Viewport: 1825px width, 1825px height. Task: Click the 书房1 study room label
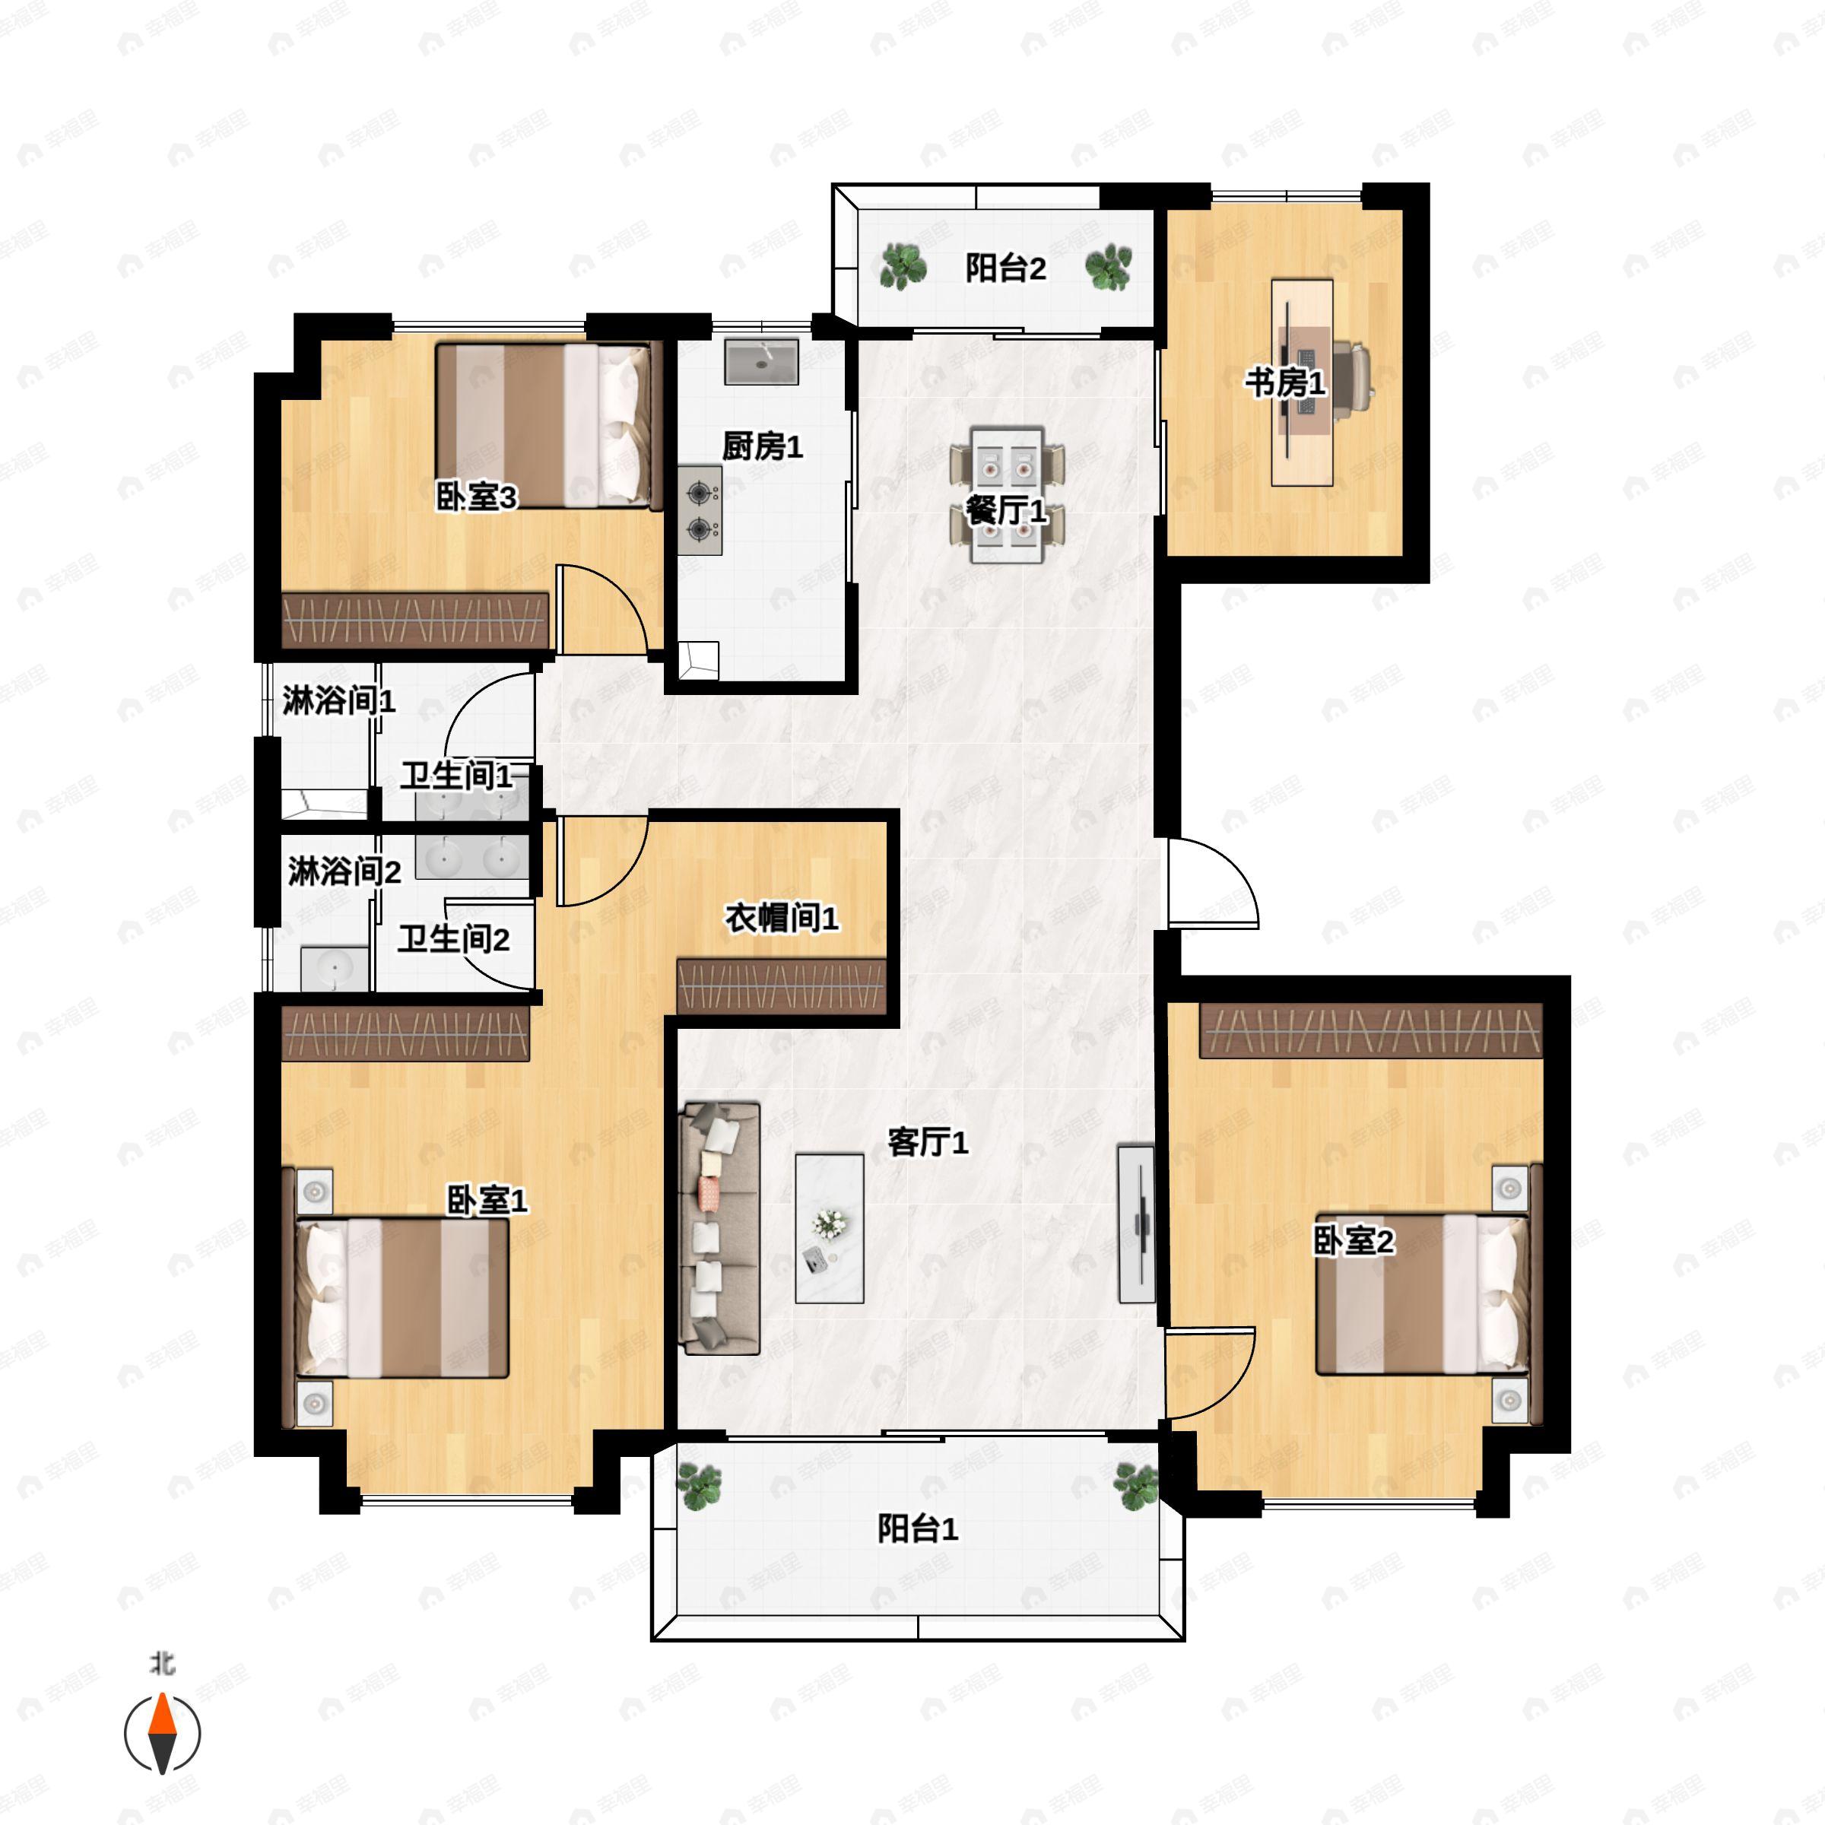1284,382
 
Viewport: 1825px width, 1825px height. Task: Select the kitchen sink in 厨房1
761,362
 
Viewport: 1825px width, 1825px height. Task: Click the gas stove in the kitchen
700,510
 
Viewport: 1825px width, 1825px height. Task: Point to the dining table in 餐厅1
1007,495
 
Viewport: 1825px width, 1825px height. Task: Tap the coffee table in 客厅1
830,1228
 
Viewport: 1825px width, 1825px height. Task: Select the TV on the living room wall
1136,1224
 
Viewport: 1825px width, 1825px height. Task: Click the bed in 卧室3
544,426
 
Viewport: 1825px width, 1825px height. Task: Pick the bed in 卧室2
1423,1293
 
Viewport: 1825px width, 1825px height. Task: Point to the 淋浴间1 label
338,701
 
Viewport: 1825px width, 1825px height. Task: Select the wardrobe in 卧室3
416,620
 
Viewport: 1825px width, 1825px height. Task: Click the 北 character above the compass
163,1662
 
